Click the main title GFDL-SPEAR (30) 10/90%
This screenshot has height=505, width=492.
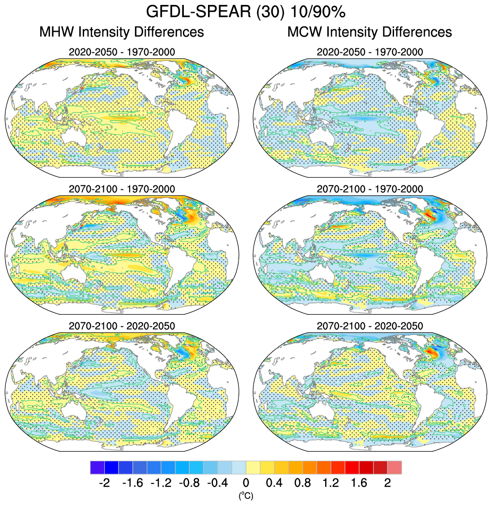click(x=246, y=12)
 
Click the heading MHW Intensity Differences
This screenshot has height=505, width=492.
click(x=122, y=32)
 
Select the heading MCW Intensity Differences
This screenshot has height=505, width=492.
click(x=369, y=32)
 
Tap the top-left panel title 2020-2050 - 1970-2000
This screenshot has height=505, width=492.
click(x=122, y=52)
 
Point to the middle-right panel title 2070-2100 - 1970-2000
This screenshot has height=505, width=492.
click(x=369, y=189)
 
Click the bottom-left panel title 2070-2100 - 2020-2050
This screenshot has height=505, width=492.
click(x=122, y=326)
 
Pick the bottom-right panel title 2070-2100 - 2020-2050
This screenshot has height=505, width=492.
click(x=369, y=326)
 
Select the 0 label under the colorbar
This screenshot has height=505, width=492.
click(x=246, y=483)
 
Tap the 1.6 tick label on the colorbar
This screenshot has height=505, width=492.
click(x=359, y=483)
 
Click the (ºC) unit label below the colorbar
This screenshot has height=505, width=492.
click(x=246, y=495)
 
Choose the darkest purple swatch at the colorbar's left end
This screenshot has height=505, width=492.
click(x=97, y=467)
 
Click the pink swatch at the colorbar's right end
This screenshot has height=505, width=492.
click(x=394, y=467)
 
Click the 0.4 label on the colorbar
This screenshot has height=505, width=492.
click(x=274, y=483)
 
